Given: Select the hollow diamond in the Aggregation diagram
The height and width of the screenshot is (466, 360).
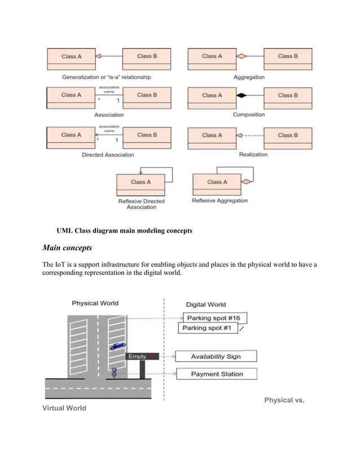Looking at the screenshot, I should (x=242, y=56).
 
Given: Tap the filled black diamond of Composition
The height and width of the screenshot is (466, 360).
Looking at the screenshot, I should (x=242, y=96).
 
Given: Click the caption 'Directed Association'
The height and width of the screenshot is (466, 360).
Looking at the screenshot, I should (x=108, y=155).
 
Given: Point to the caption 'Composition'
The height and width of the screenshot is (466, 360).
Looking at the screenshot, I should (x=249, y=115).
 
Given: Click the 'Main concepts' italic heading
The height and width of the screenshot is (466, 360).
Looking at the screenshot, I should (x=67, y=248).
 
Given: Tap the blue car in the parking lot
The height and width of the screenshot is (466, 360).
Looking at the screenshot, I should (x=117, y=346).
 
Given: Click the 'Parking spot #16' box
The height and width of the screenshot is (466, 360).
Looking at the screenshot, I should (x=215, y=318).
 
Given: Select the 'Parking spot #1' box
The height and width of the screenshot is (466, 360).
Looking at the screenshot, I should (x=207, y=328).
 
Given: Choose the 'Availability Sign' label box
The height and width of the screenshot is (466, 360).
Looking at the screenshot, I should (x=216, y=357).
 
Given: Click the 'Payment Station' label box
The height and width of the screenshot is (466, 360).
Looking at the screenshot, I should (x=217, y=373).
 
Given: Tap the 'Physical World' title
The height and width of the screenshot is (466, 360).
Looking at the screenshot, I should (x=95, y=303).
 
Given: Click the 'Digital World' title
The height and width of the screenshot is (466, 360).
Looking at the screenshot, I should (x=206, y=305).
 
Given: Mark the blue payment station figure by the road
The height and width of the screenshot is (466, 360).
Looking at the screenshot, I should (x=114, y=373).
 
